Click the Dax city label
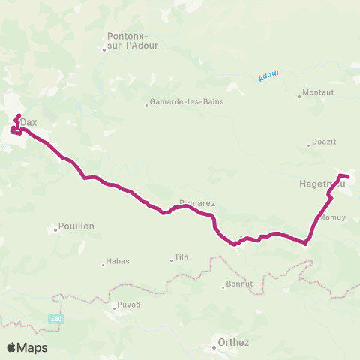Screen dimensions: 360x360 click(28, 122)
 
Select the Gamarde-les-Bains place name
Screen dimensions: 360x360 click(190, 102)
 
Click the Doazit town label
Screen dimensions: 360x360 click(324, 144)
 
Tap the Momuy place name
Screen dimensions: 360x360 click(331, 217)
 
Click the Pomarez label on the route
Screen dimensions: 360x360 click(197, 202)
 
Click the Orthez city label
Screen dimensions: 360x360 click(228, 342)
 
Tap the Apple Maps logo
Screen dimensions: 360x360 click(27, 347)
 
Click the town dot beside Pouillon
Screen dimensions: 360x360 click(56, 229)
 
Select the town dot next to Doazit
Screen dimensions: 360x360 click(308, 145)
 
